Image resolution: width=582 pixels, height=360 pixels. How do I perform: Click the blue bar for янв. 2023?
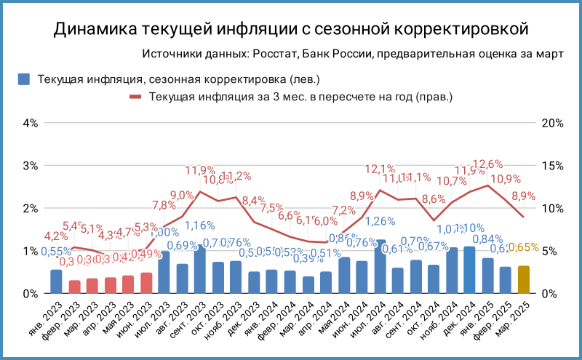point(56,281)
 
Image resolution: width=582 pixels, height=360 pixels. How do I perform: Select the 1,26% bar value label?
point(380,222)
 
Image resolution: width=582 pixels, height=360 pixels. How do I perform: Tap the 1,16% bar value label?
point(199,225)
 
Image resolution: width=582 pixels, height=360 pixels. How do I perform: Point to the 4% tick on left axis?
point(30,123)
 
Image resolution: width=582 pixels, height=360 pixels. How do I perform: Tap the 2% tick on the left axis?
point(30,209)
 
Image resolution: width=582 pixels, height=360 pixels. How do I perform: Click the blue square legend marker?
point(23,79)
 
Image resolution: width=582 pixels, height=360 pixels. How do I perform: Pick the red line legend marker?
point(137,96)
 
